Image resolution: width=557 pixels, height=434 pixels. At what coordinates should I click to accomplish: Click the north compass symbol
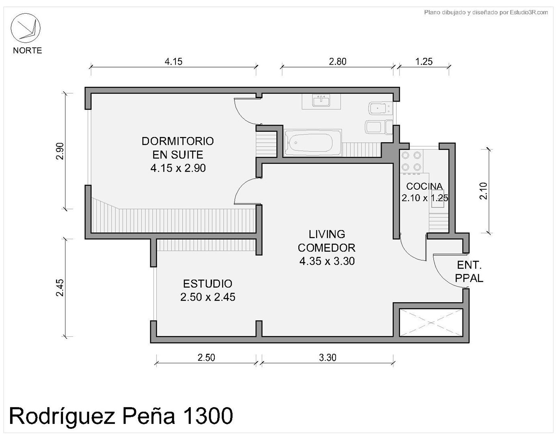pyautogui.click(x=25, y=28)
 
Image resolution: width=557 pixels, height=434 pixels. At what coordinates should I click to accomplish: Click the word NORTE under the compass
pyautogui.click(x=27, y=51)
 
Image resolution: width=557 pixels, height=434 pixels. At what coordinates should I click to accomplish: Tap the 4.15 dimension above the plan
pyautogui.click(x=173, y=61)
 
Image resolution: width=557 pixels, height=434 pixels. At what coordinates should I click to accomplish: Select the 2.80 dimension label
pyautogui.click(x=338, y=61)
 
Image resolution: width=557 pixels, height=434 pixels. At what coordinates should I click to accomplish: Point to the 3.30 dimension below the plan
pyautogui.click(x=328, y=358)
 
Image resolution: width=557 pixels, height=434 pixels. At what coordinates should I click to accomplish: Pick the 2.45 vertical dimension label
pyautogui.click(x=60, y=288)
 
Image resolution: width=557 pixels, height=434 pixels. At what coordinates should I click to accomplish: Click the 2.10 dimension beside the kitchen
pyautogui.click(x=483, y=191)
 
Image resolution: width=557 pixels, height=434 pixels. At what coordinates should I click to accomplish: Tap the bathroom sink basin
pyautogui.click(x=321, y=100)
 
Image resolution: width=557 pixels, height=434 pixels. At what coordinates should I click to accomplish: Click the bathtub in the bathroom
pyautogui.click(x=313, y=143)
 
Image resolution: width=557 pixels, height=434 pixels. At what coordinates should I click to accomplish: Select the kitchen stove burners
pyautogui.click(x=411, y=161)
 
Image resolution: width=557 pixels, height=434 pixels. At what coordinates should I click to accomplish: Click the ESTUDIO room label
pyautogui.click(x=208, y=284)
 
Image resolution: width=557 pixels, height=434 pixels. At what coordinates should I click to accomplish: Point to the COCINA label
pyautogui.click(x=424, y=186)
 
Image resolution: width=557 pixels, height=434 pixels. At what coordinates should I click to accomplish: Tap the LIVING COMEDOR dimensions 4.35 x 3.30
pyautogui.click(x=327, y=261)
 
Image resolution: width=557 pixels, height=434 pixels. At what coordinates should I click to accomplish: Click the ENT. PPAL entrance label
pyautogui.click(x=469, y=272)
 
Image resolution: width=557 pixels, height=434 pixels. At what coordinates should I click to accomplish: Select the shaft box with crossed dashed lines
pyautogui.click(x=431, y=323)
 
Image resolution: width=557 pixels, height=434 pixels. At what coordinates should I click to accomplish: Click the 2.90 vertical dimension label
pyautogui.click(x=60, y=151)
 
